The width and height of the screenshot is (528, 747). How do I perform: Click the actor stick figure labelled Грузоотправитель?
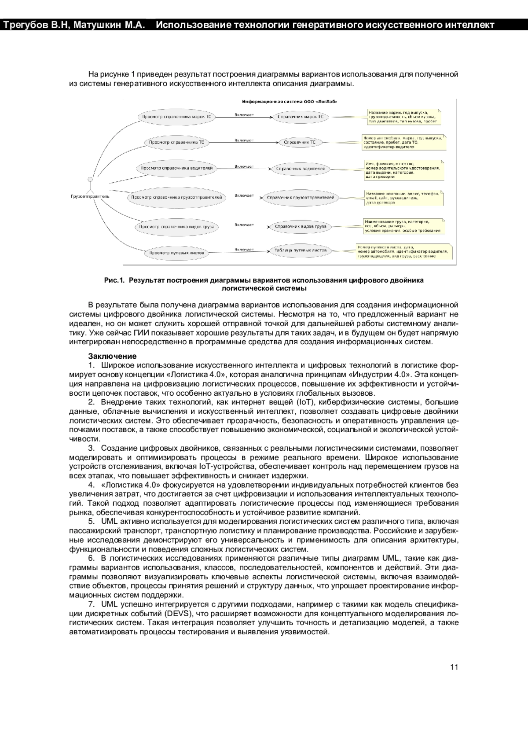coord(90,184)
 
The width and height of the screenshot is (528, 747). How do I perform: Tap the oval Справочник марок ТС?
coord(301,117)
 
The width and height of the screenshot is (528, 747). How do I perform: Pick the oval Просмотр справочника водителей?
coord(176,168)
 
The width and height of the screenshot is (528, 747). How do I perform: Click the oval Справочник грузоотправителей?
coord(301,198)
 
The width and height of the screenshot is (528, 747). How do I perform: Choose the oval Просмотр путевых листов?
coord(176,253)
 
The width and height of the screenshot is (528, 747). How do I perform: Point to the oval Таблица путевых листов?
coord(301,250)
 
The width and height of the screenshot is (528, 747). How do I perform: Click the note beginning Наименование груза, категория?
coord(403,226)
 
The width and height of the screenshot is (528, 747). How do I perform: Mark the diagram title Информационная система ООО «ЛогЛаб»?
coord(290,102)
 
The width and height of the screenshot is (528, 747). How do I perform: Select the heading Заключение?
coord(112,356)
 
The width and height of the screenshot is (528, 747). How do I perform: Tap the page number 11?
coord(454,667)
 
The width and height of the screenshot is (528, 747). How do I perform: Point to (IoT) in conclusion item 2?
coord(304,402)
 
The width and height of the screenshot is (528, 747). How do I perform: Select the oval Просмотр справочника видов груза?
coord(176,227)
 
